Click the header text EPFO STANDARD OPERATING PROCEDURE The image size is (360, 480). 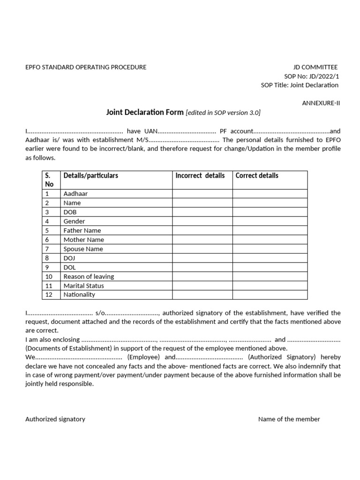click(86, 67)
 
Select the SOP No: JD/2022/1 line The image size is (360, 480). click(311, 76)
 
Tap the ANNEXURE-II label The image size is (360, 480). click(320, 103)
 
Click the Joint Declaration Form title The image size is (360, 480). click(145, 112)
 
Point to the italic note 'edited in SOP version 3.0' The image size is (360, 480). click(223, 112)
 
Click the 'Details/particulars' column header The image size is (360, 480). click(91, 176)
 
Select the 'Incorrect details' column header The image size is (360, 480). click(200, 176)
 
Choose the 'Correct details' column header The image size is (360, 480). click(257, 176)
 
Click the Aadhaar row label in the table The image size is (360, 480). click(75, 194)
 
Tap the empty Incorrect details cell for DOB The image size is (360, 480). click(202, 212)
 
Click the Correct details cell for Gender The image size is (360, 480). click(270, 221)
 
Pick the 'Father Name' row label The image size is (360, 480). click(82, 231)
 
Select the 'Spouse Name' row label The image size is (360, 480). click(83, 249)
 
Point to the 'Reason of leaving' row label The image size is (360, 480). click(89, 277)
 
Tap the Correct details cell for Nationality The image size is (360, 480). click(270, 295)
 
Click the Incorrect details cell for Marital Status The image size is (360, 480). click(202, 285)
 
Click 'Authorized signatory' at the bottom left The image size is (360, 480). click(55, 419)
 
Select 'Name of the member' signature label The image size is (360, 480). click(289, 419)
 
